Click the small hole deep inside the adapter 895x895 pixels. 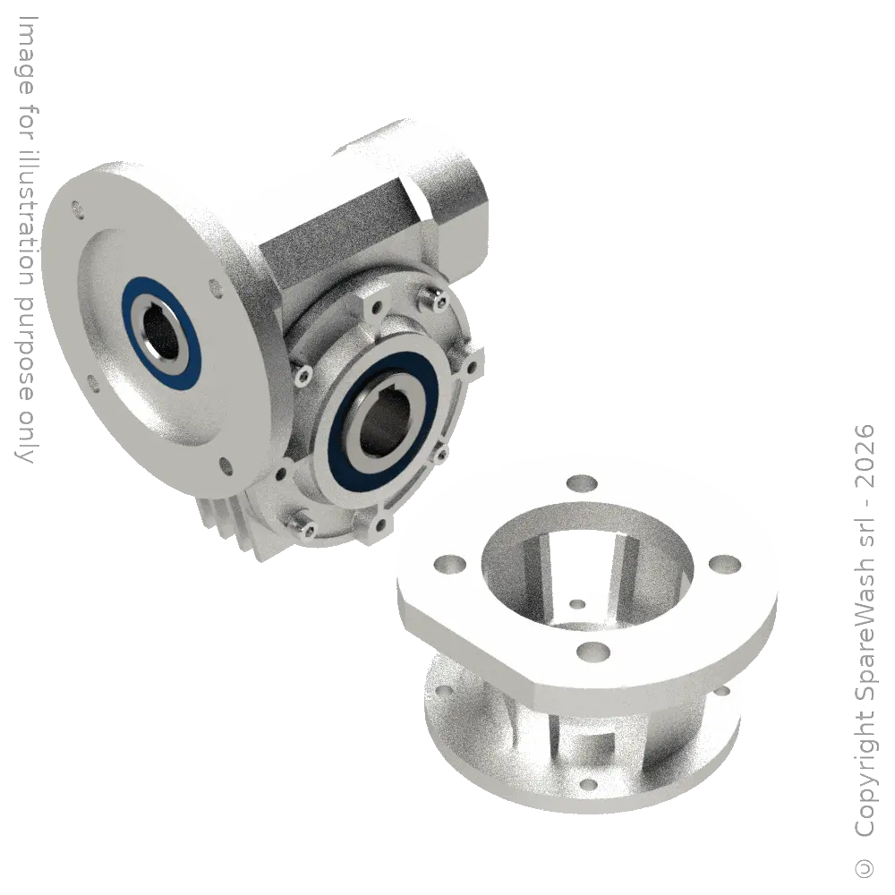coord(577,604)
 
